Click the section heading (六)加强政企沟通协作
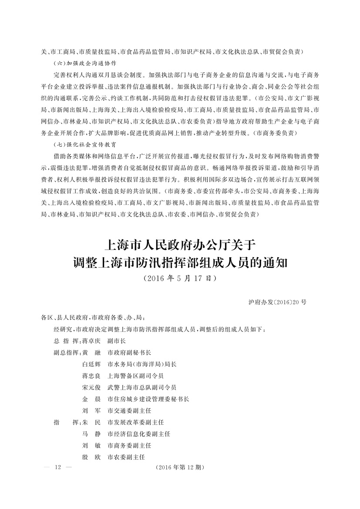[x=87, y=62]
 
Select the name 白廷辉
[x=91, y=364]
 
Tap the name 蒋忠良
[x=91, y=375]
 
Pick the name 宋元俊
[x=91, y=387]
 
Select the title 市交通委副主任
[x=129, y=411]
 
